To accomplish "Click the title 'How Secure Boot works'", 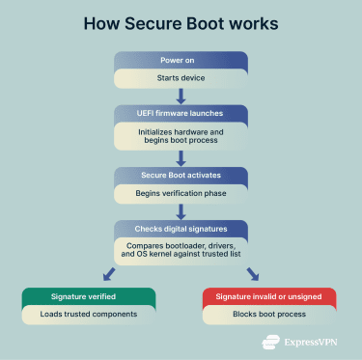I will (x=181, y=21).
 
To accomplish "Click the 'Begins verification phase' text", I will (x=181, y=193).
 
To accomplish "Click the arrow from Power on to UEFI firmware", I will (x=181, y=95).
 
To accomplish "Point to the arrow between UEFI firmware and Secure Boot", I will (x=181, y=158).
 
